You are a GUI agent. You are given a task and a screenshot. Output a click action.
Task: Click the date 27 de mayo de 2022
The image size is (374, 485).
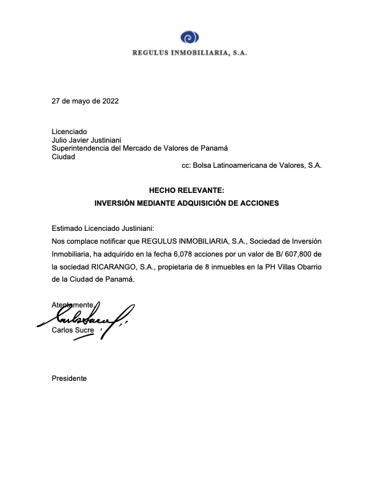click(85, 101)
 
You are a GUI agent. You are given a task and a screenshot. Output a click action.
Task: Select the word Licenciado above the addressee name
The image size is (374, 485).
click(70, 132)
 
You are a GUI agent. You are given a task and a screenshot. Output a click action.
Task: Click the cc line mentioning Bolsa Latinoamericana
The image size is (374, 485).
click(251, 165)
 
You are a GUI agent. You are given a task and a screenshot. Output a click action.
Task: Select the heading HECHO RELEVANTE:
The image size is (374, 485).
click(186, 190)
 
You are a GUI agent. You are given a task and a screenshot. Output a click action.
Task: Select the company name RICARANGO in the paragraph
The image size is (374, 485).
click(115, 266)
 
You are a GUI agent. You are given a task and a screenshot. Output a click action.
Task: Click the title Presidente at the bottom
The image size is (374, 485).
click(70, 378)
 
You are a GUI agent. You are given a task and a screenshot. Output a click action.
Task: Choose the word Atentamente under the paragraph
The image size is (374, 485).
click(73, 304)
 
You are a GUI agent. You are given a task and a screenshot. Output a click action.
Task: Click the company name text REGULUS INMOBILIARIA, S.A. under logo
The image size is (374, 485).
click(189, 53)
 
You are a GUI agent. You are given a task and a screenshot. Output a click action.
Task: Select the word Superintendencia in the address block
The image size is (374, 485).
click(81, 148)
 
